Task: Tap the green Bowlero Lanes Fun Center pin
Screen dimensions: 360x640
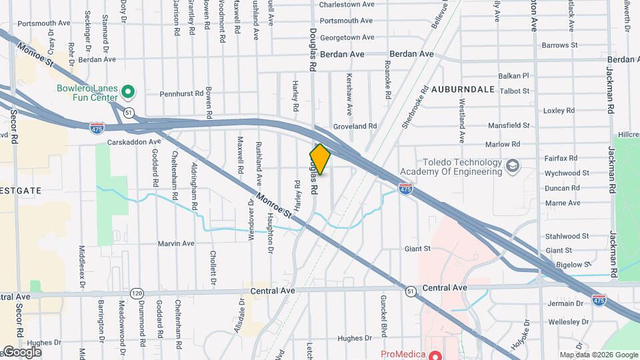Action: pyautogui.click(x=129, y=91)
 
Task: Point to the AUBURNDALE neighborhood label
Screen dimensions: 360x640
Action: pyautogui.click(x=463, y=89)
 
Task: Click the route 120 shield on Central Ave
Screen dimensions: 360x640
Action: pyautogui.click(x=137, y=293)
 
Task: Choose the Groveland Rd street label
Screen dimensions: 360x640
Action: pyautogui.click(x=355, y=125)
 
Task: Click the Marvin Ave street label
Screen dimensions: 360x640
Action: pyautogui.click(x=176, y=243)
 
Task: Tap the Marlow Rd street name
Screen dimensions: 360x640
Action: pyautogui.click(x=502, y=144)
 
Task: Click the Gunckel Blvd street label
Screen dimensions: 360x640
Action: pyautogui.click(x=383, y=316)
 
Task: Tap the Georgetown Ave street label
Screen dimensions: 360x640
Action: pyautogui.click(x=346, y=38)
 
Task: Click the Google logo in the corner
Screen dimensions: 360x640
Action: pyautogui.click(x=21, y=352)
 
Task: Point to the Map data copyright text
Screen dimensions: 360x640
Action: pyautogui.click(x=597, y=355)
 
